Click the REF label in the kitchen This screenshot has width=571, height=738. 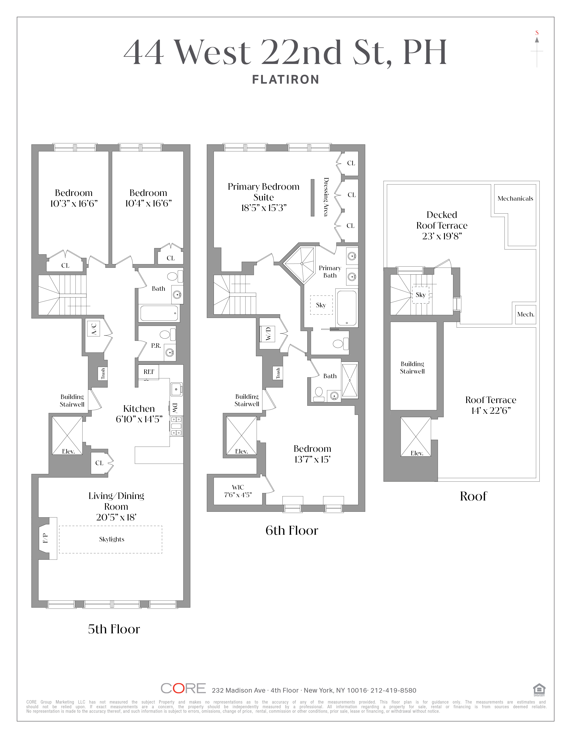click(149, 372)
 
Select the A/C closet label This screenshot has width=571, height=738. click(94, 329)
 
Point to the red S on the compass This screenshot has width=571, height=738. click(537, 33)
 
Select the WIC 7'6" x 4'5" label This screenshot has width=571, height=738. click(238, 491)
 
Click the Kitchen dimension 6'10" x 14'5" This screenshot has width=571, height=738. click(139, 419)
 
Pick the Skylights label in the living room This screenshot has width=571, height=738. click(112, 539)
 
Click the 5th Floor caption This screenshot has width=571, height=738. click(114, 629)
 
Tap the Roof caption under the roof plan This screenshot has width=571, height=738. click(473, 496)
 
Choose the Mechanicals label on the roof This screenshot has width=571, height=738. click(515, 198)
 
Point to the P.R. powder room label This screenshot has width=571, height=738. click(156, 346)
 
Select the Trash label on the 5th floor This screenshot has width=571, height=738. click(103, 373)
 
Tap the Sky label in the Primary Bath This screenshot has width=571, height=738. click(321, 305)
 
